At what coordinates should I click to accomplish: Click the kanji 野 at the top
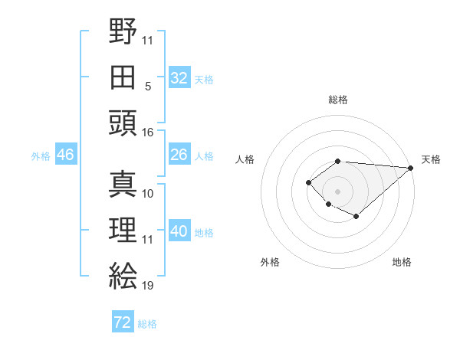pos(123,31)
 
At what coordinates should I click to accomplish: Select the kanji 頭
pos(123,123)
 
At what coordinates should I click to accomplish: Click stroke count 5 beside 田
pos(148,86)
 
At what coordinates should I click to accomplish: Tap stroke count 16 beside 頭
pos(148,132)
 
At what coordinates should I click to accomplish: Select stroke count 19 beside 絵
pos(148,286)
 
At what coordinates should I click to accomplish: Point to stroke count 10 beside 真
pos(148,194)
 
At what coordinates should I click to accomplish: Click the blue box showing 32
pos(179,78)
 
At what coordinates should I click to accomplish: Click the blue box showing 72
pos(122,322)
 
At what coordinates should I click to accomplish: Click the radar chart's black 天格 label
pos(431,159)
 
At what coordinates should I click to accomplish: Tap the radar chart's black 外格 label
pos(270,262)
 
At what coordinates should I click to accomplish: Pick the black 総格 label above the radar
pos(337,100)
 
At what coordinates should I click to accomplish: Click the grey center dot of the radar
pos(337,191)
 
